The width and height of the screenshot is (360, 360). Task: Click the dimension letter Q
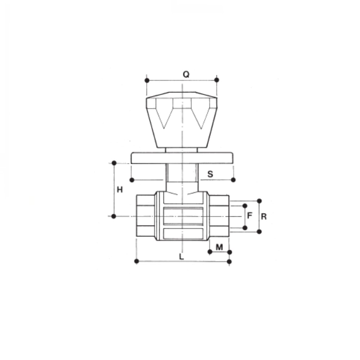(186, 74)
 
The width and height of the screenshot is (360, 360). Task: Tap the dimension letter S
(210, 174)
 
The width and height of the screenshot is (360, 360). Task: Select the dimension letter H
(120, 190)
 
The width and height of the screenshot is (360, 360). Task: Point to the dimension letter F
(249, 216)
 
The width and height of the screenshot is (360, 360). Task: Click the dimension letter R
(264, 216)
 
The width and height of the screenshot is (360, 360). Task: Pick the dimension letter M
(219, 247)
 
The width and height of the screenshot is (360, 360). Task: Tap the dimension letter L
(181, 256)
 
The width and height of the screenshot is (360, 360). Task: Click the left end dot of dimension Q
(147, 80)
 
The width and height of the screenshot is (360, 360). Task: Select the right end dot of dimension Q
(216, 80)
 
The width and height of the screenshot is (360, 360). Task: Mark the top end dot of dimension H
(114, 163)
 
